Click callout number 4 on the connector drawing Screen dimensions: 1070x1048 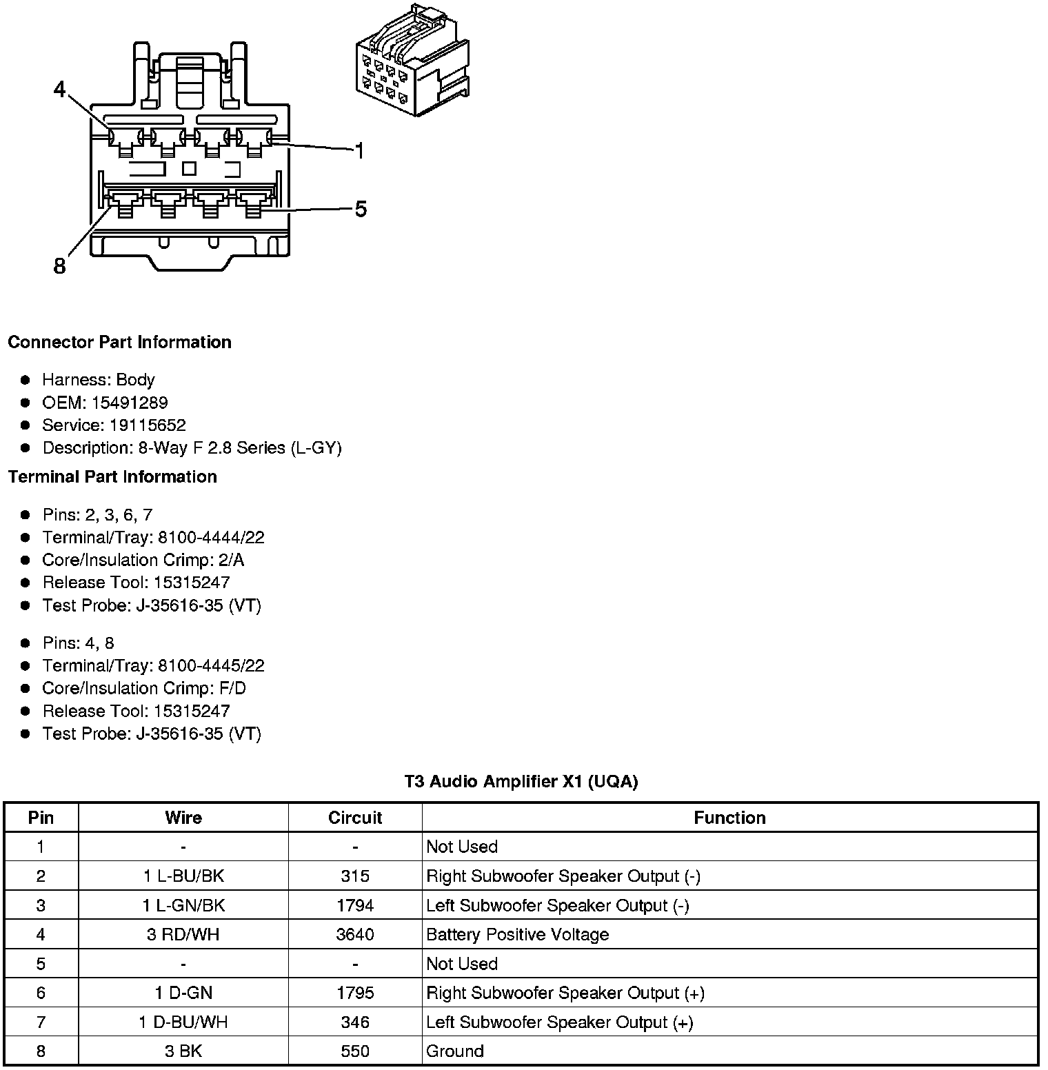coord(61,90)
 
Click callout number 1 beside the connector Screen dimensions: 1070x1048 coord(359,150)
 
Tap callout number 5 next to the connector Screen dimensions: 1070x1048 coord(361,209)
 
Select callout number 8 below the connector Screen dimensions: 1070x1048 coord(60,266)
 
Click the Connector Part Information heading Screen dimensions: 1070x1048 coord(119,343)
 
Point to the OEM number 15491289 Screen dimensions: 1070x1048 coord(130,403)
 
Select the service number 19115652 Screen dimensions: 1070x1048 coord(148,425)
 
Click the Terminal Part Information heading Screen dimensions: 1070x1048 coord(112,477)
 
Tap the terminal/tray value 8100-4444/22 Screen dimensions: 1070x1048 coord(211,538)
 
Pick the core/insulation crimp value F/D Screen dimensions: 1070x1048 coord(232,689)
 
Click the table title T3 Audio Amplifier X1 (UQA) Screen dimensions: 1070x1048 coord(521,782)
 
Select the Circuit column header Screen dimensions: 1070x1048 coord(355,818)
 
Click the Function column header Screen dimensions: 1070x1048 coord(729,818)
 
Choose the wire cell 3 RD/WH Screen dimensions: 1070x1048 coord(183,935)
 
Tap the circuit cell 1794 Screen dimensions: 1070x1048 coord(355,905)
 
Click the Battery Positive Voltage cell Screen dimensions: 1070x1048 coord(518,935)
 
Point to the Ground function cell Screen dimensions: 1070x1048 coord(455,1051)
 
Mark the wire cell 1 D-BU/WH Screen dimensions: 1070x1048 coord(183,1022)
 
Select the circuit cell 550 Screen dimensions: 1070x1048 coord(355,1051)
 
